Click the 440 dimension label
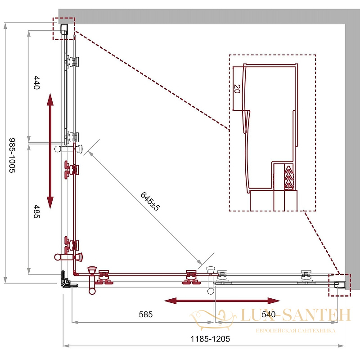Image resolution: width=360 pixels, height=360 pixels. (x=36, y=83)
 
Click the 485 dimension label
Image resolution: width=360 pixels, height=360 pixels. (x=36, y=211)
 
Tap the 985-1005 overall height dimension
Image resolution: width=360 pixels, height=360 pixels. (x=12, y=155)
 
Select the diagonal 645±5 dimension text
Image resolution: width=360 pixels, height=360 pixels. (x=150, y=201)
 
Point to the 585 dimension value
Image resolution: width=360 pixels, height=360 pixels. (x=146, y=314)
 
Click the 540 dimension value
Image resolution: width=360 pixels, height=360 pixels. (x=269, y=314)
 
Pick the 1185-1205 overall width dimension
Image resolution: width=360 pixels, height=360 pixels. (x=210, y=339)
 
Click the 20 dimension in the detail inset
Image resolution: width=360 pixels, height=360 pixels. (x=237, y=89)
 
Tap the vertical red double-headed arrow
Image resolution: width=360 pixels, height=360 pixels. (x=50, y=151)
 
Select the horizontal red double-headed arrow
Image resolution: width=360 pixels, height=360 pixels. (x=222, y=301)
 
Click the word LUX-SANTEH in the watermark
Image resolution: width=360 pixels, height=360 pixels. (x=296, y=315)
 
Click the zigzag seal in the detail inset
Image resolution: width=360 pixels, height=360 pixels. (x=289, y=177)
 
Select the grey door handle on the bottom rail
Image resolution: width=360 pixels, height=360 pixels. (x=211, y=280)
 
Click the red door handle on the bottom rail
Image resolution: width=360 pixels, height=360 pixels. (x=92, y=280)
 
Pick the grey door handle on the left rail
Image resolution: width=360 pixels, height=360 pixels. (x=68, y=148)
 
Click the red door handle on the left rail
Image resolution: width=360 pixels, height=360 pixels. (x=68, y=256)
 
